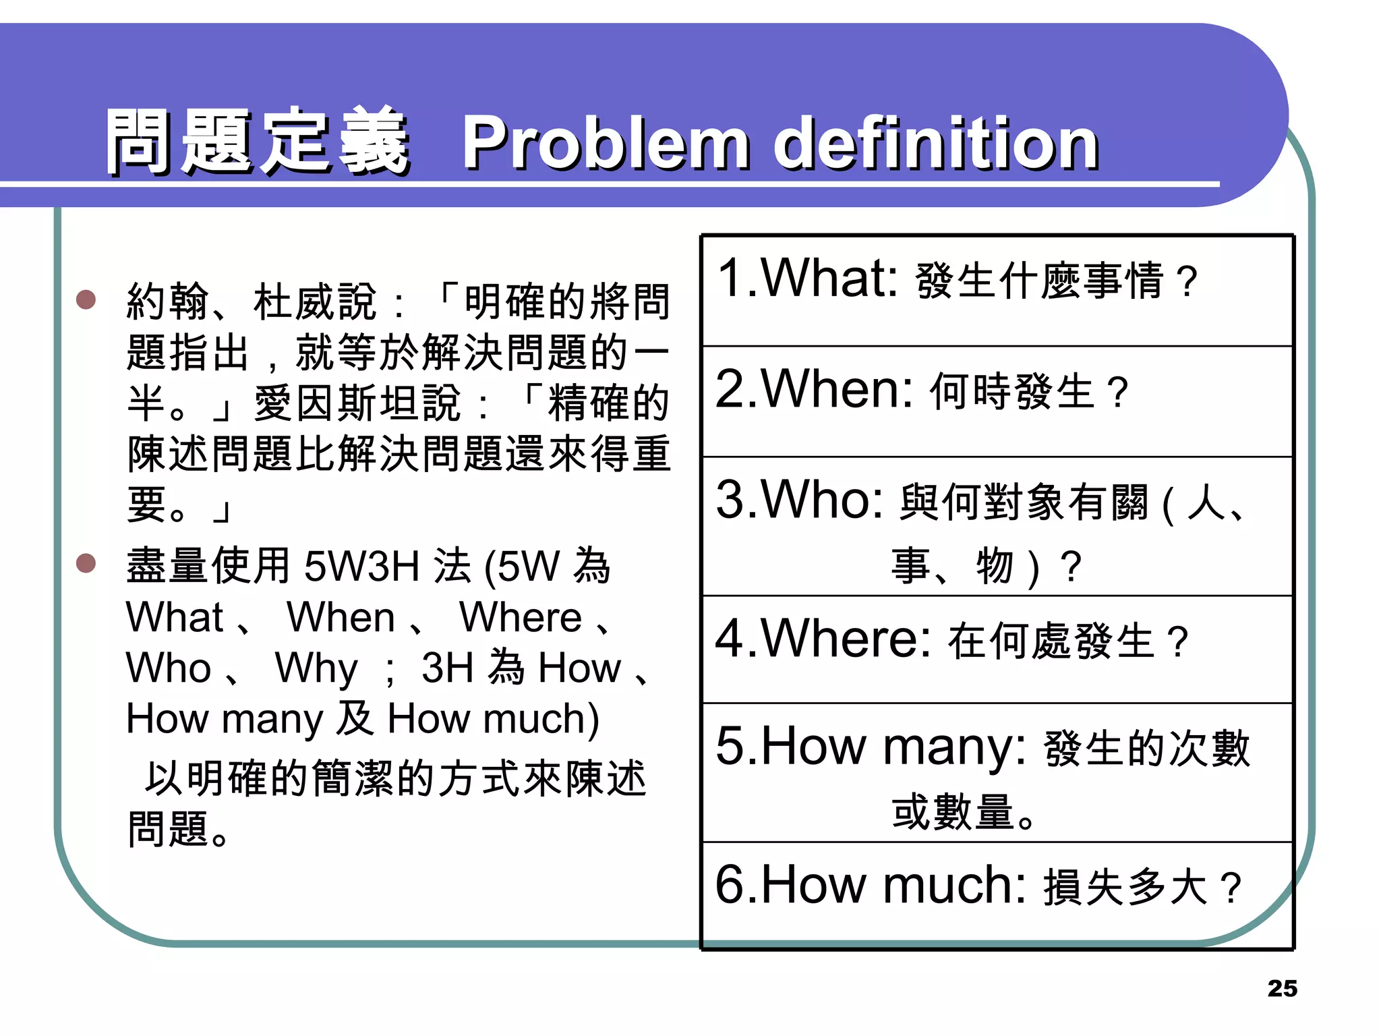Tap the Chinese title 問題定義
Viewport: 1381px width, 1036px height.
(x=258, y=142)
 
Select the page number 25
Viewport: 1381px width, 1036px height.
(x=1282, y=988)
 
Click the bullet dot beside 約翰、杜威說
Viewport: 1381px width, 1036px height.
(x=86, y=299)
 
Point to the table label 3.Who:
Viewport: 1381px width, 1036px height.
(x=800, y=500)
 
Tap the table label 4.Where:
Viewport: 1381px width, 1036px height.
(x=823, y=638)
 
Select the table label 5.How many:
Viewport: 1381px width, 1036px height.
(x=871, y=747)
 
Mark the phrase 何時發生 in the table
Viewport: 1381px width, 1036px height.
(x=1011, y=391)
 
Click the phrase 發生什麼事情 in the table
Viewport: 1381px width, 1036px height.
(x=1039, y=280)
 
